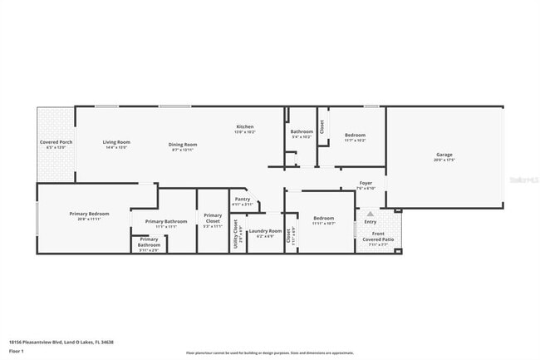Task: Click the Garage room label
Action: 444,155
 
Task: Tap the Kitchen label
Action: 244,126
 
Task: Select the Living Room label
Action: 116,142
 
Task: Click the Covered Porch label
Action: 56,142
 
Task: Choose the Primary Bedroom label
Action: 89,214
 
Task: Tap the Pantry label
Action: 242,200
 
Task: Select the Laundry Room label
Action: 265,230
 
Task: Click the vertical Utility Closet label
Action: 236,231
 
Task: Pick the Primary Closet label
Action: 213,218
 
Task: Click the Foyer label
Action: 366,183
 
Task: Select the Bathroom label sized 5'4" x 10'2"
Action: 302,131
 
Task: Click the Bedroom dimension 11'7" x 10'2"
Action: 354,141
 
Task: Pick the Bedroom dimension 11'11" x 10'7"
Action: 323,224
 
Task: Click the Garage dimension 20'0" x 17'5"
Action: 444,160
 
